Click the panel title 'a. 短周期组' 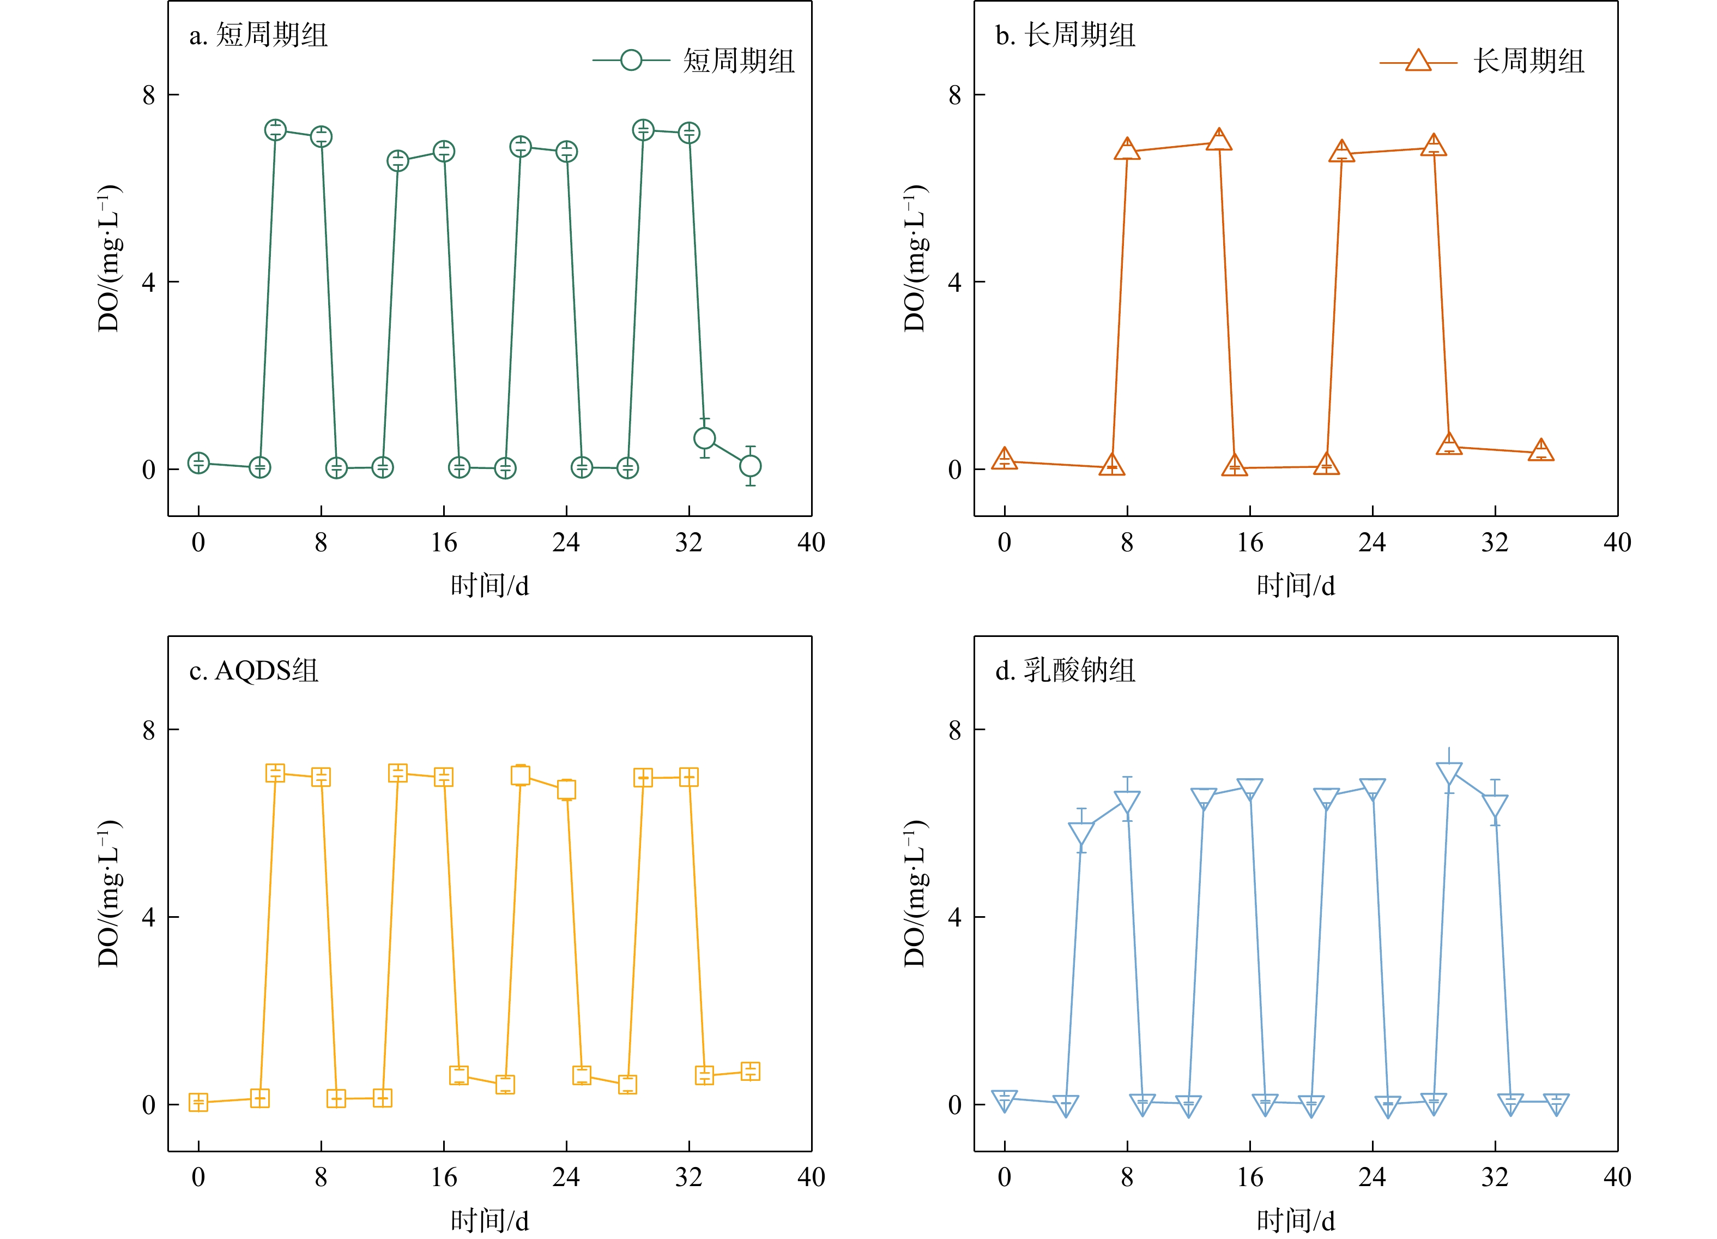tap(258, 35)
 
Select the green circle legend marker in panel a tap(631, 60)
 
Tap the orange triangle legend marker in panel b tap(1418, 61)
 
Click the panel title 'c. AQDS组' tap(253, 670)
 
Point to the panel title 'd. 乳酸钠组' tap(1065, 670)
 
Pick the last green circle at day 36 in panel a tap(750, 466)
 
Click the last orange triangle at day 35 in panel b tap(1540, 450)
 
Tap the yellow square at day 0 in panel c tap(198, 1102)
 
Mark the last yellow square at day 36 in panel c tap(750, 1071)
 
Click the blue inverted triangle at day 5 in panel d tap(1081, 832)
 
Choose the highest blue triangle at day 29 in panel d tap(1449, 773)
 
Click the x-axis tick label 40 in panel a tap(812, 542)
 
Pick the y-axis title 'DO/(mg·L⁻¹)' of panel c tap(110, 894)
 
